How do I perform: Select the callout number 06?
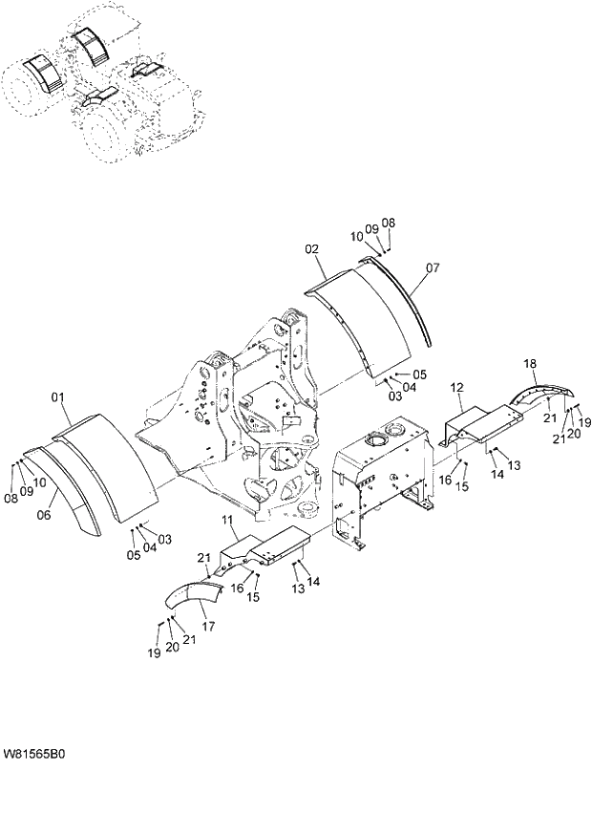[43, 515]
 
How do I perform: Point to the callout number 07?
[432, 268]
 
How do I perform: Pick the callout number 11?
[227, 520]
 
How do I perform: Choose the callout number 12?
[456, 387]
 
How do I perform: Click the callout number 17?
[207, 628]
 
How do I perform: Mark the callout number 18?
[529, 364]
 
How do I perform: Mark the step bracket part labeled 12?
[482, 421]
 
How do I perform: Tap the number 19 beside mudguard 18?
[585, 422]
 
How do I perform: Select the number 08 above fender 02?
[388, 223]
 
